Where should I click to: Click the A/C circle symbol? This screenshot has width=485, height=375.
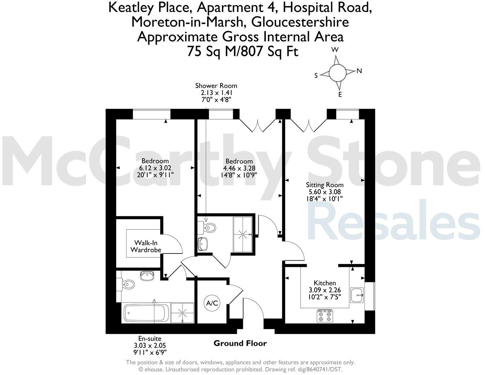coord(212,303)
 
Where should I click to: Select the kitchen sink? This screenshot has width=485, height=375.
coord(358,295)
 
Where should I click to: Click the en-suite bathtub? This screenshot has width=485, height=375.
coord(146,313)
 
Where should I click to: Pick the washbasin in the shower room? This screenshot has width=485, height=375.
coord(203,244)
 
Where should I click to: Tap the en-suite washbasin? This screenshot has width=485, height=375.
coord(147,276)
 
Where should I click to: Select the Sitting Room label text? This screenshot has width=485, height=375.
coord(325,185)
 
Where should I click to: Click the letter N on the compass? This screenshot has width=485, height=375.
coord(359,71)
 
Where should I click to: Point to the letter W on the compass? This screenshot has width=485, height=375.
coord(335,50)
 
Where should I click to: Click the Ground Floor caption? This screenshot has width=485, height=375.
coord(240,343)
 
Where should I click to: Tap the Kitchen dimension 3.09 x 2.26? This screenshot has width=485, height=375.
coord(325,290)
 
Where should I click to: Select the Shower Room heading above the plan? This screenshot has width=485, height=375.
coord(216,85)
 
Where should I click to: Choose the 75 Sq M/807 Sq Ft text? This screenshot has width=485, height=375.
coord(242,52)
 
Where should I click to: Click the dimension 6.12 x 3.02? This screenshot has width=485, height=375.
coord(155,168)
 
